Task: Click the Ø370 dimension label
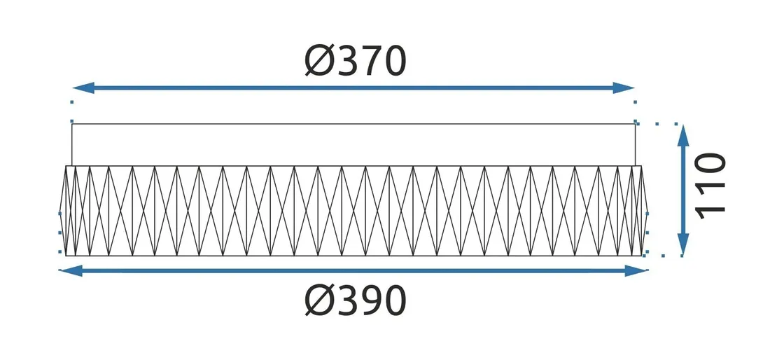(x=356, y=61)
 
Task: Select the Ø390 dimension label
(x=356, y=300)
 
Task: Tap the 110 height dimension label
(x=710, y=186)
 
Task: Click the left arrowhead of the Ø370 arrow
(x=83, y=88)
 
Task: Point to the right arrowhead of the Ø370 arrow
(x=624, y=88)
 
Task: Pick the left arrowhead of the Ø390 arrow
(x=70, y=270)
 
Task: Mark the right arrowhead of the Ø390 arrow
(x=636, y=270)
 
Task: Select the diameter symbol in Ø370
(x=319, y=62)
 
